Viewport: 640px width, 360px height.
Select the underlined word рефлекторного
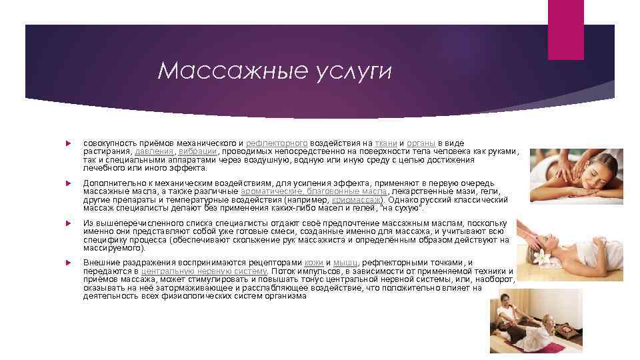[277, 143]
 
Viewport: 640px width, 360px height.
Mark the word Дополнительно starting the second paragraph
[110, 183]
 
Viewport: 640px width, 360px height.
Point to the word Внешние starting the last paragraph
[99, 263]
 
